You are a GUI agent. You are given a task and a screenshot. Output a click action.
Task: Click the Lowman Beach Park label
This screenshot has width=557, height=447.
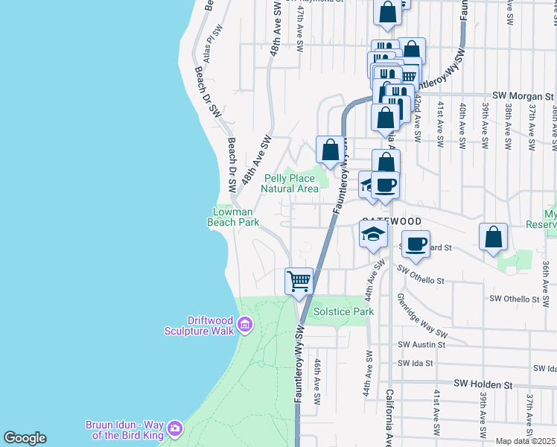(x=232, y=217)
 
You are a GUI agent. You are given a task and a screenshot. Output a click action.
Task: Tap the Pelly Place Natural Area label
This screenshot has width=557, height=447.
(x=290, y=183)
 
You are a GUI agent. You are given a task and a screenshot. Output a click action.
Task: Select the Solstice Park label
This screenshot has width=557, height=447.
(x=343, y=311)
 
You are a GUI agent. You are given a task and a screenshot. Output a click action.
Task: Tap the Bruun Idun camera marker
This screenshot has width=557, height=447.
(x=175, y=428)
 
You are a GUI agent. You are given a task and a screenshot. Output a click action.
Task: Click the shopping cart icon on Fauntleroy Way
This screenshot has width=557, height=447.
(x=299, y=282)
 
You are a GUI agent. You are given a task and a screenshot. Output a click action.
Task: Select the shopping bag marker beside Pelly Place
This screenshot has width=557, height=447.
(x=330, y=149)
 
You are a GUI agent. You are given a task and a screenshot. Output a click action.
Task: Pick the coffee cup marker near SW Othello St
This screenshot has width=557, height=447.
(x=416, y=243)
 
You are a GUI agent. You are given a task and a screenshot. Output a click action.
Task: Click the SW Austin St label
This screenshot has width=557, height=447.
(x=421, y=345)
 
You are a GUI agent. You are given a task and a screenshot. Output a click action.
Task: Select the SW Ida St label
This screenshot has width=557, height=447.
(x=416, y=364)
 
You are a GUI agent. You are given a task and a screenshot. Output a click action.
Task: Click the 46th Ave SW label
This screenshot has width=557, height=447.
(x=318, y=376)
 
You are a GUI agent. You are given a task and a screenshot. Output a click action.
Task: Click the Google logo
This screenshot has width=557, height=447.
(x=25, y=438)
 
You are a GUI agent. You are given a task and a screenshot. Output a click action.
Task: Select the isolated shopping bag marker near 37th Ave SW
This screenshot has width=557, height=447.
(x=493, y=238)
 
